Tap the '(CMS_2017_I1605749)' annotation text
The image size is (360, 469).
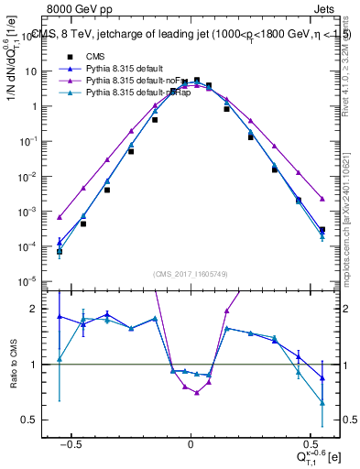191,274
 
